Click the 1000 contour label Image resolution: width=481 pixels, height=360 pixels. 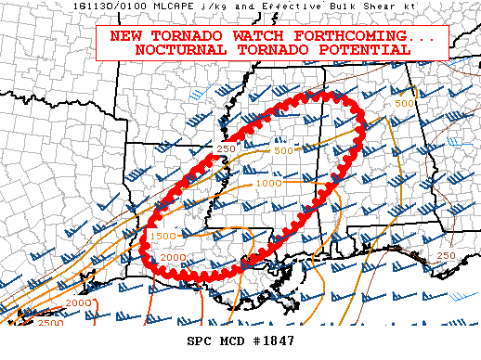(268, 183)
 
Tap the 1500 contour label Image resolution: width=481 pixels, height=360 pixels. (162, 238)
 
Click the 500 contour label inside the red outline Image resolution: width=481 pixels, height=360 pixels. (283, 150)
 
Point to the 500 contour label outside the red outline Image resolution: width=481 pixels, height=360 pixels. (404, 103)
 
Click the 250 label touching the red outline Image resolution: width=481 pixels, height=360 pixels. (226, 148)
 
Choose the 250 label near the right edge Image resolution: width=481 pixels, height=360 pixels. (446, 256)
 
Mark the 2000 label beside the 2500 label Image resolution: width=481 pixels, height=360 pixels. (78, 302)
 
